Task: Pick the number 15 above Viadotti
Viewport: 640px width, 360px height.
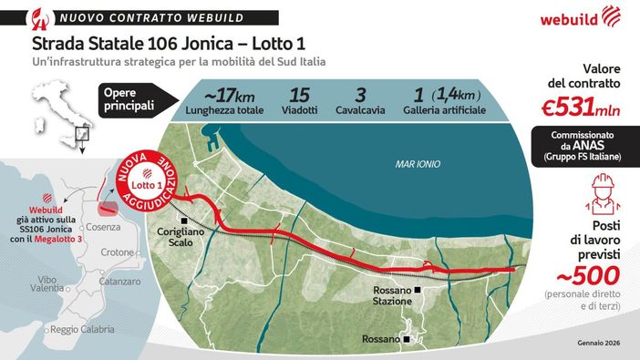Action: pos(299,94)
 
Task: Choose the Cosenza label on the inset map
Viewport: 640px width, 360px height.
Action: pos(83,226)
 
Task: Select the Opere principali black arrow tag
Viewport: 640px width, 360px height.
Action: pos(127,98)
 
